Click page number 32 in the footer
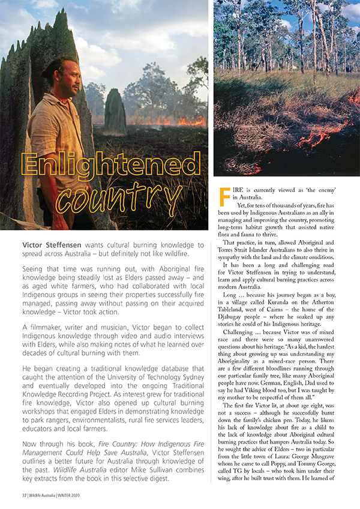(20, 496)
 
